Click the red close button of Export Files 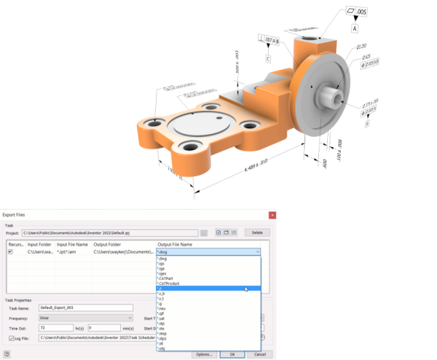[x=272, y=215]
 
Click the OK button [x=232, y=354]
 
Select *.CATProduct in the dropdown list [x=169, y=283]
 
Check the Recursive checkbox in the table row [x=10, y=251]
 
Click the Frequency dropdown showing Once [x=84, y=318]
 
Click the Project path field [x=109, y=232]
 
